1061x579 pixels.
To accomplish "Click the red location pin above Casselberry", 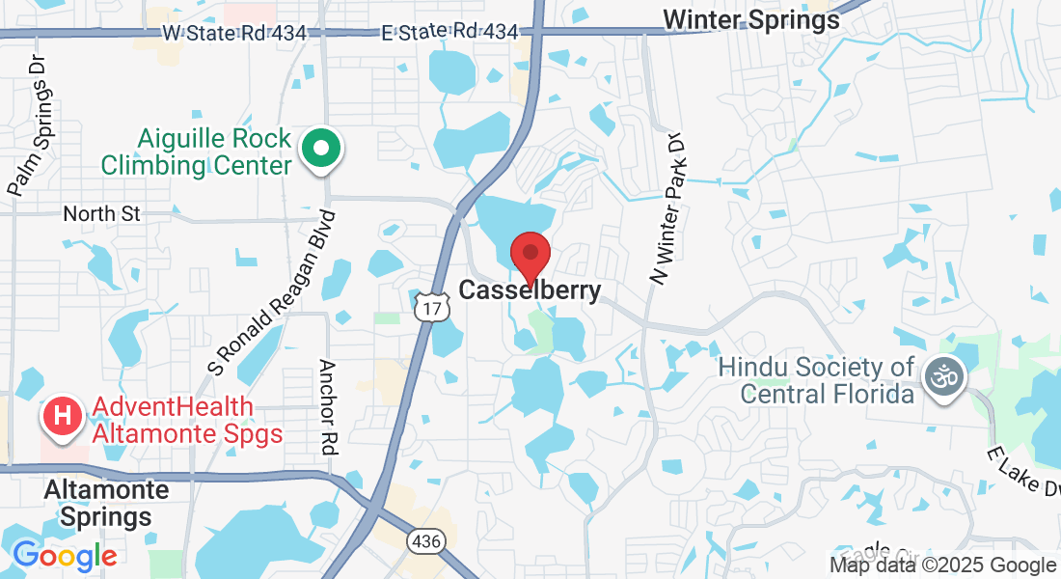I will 530,255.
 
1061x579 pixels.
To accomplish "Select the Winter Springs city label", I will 751,19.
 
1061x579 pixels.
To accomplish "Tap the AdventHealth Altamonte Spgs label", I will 187,421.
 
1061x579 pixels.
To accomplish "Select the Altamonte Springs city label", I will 98,503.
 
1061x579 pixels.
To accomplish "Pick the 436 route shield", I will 429,541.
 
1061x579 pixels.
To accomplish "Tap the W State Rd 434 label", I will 234,33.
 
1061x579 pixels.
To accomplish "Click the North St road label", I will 102,213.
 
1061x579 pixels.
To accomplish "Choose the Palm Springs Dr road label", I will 27,124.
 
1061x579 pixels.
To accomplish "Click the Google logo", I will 65,556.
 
